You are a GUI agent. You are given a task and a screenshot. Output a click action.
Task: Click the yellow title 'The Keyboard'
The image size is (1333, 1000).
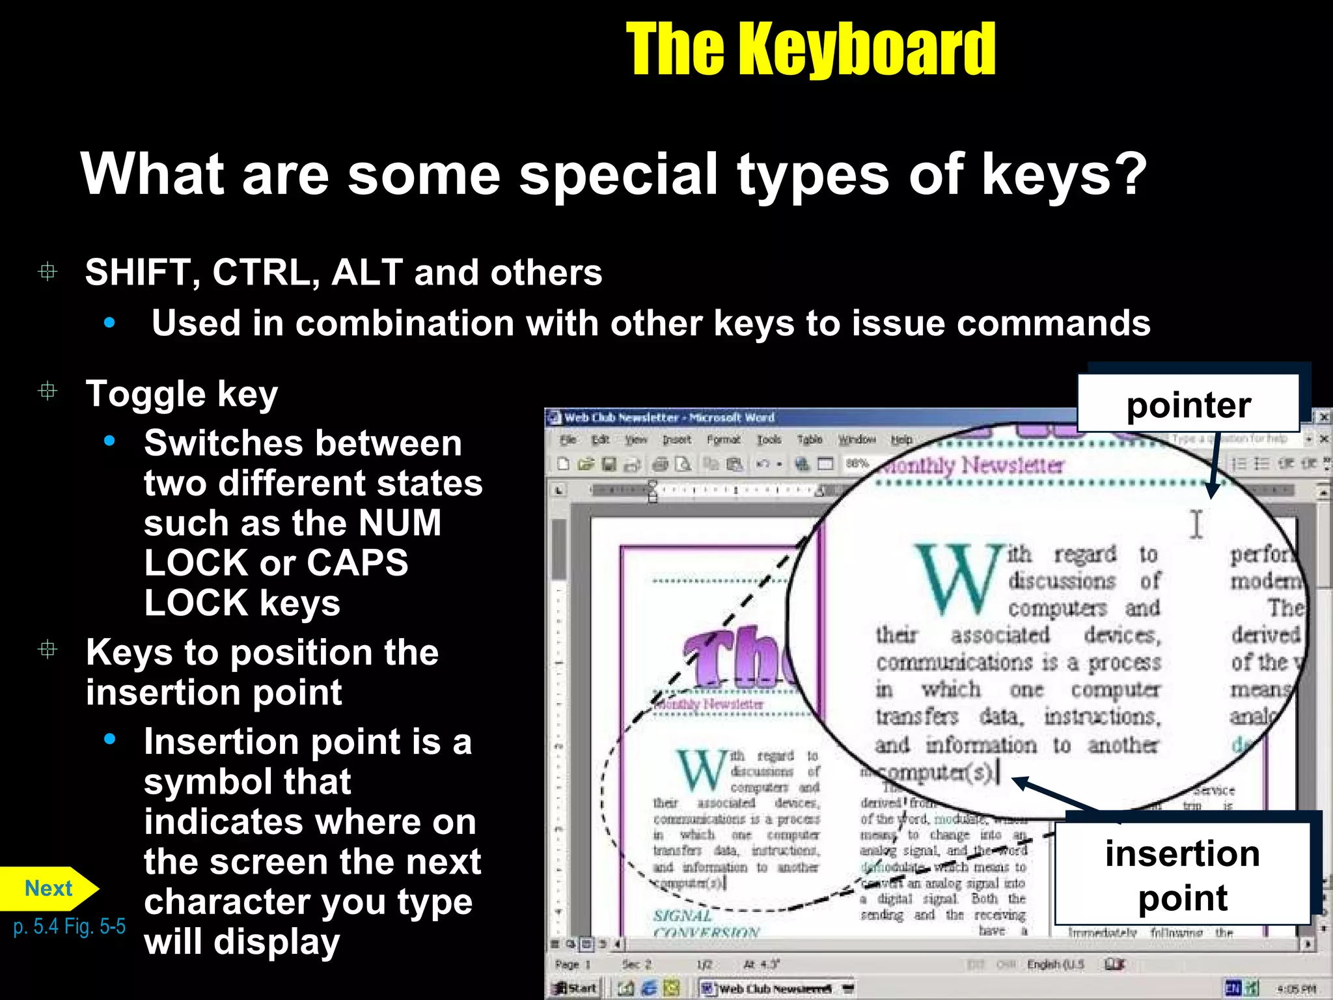(810, 49)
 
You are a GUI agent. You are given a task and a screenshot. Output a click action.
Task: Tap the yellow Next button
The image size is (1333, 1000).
(48, 888)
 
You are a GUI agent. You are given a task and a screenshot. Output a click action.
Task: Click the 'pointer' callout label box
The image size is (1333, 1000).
(1189, 404)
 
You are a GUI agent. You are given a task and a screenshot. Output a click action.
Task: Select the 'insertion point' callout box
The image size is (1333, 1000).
(1182, 874)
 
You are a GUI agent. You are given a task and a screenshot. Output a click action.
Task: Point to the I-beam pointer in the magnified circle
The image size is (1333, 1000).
(1196, 523)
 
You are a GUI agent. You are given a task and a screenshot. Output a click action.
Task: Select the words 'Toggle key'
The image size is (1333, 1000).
(182, 394)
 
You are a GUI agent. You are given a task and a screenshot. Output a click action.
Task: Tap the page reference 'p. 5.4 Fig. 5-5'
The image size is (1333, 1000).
(69, 926)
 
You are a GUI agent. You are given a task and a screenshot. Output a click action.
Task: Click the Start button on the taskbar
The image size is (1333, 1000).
(575, 988)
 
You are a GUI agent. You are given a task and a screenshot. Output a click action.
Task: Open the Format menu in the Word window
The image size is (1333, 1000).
(723, 440)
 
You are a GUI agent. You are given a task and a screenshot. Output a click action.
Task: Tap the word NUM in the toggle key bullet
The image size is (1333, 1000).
(400, 523)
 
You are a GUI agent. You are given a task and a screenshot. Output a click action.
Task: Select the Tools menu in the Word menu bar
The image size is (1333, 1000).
(769, 440)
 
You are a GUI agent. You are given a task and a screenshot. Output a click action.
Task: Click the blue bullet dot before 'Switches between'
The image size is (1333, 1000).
(109, 441)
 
